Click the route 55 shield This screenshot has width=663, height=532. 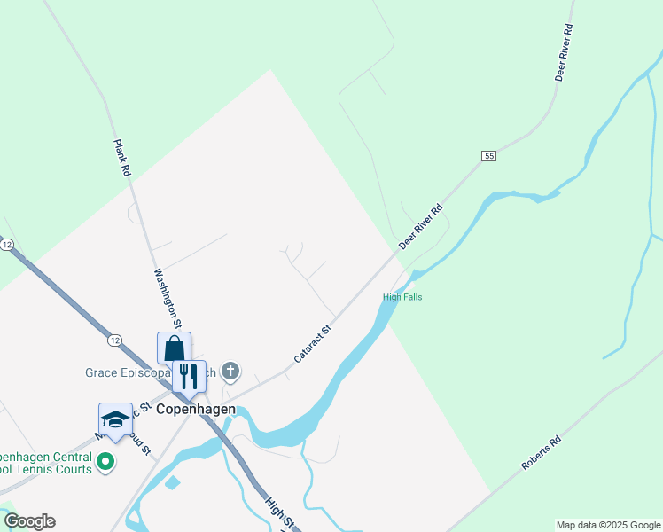(x=488, y=156)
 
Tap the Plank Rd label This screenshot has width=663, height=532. (x=122, y=159)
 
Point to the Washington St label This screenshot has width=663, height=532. (x=168, y=298)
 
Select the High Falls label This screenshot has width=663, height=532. (x=402, y=297)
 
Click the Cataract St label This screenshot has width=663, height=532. (x=312, y=344)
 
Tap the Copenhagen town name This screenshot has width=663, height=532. (x=196, y=410)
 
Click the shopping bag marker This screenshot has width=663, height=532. (x=174, y=348)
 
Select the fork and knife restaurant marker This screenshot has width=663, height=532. (x=189, y=376)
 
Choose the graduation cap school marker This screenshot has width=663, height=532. (x=115, y=419)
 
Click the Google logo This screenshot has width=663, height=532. (x=28, y=521)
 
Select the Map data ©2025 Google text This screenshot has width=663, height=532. (x=608, y=525)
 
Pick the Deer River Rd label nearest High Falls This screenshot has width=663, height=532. (x=420, y=227)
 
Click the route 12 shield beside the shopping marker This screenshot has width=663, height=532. (x=114, y=340)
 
